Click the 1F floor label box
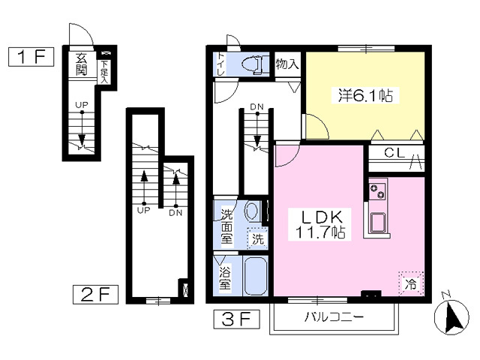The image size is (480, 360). pyautogui.click(x=31, y=57)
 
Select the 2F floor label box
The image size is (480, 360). pyautogui.click(x=95, y=295)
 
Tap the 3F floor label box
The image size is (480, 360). pyautogui.click(x=237, y=319)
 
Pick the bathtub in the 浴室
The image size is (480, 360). pyautogui.click(x=255, y=275)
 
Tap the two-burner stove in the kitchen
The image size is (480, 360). pyautogui.click(x=377, y=190)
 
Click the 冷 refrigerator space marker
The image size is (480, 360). pyautogui.click(x=411, y=284)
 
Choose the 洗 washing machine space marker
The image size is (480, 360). pyautogui.click(x=258, y=238)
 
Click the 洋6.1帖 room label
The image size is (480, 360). pyautogui.click(x=366, y=95)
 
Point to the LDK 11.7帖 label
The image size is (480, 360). pyautogui.click(x=320, y=224)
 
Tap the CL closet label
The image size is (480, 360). pyautogui.click(x=394, y=153)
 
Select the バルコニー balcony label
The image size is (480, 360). pyautogui.click(x=334, y=316)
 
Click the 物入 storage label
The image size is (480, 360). pyautogui.click(x=286, y=64)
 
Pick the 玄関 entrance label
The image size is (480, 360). pyautogui.click(x=81, y=64)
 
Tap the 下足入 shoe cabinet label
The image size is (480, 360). pyautogui.click(x=105, y=72)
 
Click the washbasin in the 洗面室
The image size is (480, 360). pyautogui.click(x=251, y=211)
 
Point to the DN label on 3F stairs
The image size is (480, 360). pyautogui.click(x=256, y=106)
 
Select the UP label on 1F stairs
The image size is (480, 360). pyautogui.click(x=82, y=105)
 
